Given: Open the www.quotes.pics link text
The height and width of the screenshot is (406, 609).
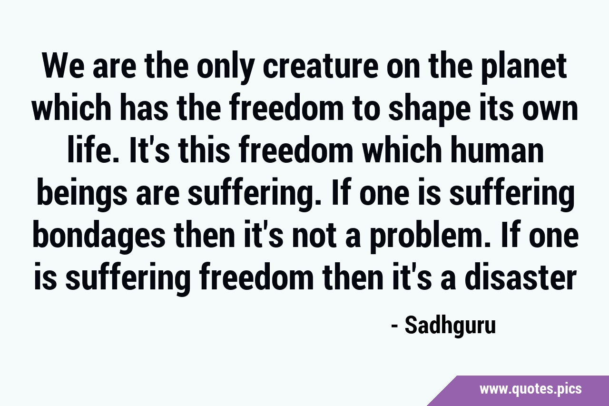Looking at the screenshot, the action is [x=530, y=389].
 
